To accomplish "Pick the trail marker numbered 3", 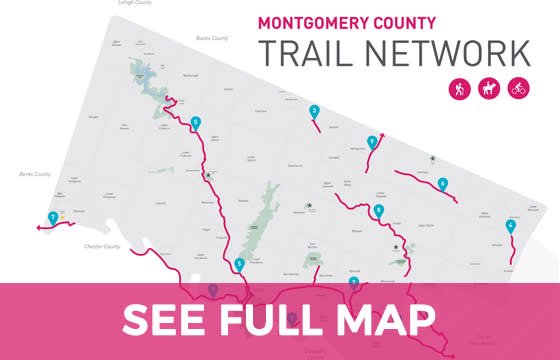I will pyautogui.click(x=314, y=112).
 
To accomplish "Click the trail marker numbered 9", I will pyautogui.click(x=372, y=142).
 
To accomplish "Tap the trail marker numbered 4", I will pyautogui.click(x=511, y=226).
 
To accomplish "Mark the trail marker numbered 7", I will pyautogui.click(x=52, y=218).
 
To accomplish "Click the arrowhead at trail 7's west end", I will pyautogui.click(x=36, y=229).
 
